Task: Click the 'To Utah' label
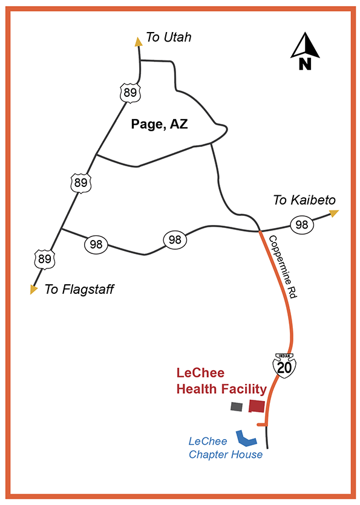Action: click(x=169, y=37)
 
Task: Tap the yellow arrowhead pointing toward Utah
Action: click(x=139, y=41)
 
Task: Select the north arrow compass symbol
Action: click(x=305, y=52)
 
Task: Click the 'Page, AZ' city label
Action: click(x=160, y=125)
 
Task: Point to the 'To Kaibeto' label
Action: click(x=304, y=200)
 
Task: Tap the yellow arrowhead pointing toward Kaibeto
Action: click(x=334, y=212)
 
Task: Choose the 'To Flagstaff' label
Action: click(x=79, y=290)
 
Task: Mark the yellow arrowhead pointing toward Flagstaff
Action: click(x=34, y=290)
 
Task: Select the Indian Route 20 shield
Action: click(x=283, y=365)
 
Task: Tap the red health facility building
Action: click(x=257, y=406)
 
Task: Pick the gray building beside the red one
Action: click(x=236, y=407)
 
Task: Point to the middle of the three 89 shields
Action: click(x=80, y=182)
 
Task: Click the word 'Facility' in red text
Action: click(x=244, y=389)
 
